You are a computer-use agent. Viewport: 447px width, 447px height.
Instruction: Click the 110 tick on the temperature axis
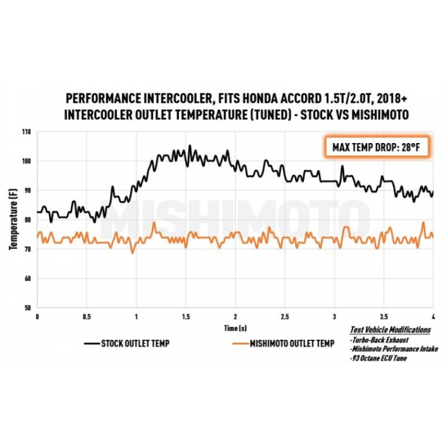(x=26, y=132)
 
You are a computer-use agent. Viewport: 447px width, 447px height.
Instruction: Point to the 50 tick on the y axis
(x=27, y=308)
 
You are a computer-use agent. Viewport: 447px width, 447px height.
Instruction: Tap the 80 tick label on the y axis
(x=27, y=220)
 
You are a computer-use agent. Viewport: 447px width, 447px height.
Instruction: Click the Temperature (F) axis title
(x=13, y=220)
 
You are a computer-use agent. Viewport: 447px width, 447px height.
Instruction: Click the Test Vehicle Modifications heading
(x=390, y=330)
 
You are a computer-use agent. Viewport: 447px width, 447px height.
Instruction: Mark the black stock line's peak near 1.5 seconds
(x=189, y=146)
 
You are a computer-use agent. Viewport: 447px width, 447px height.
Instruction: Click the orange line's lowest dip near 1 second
(x=133, y=253)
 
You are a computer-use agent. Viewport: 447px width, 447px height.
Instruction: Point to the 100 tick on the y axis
(x=26, y=161)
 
